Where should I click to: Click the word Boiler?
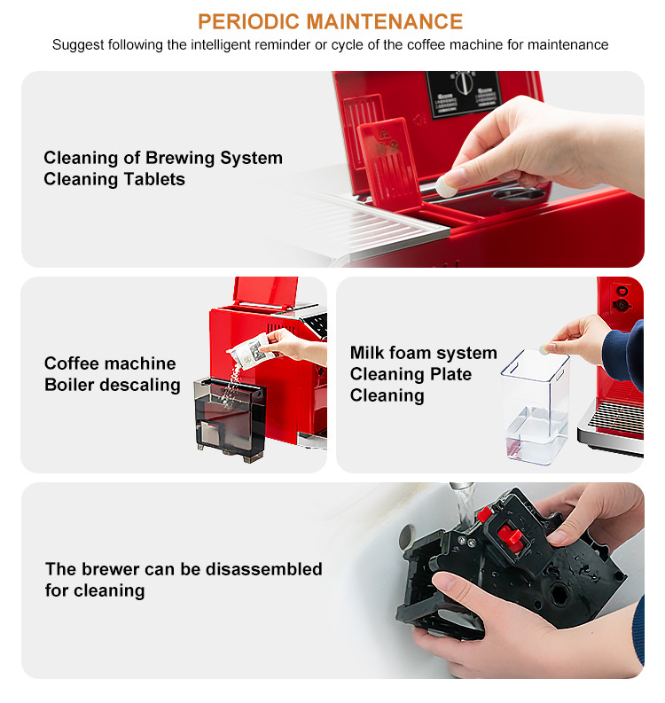(x=78, y=385)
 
